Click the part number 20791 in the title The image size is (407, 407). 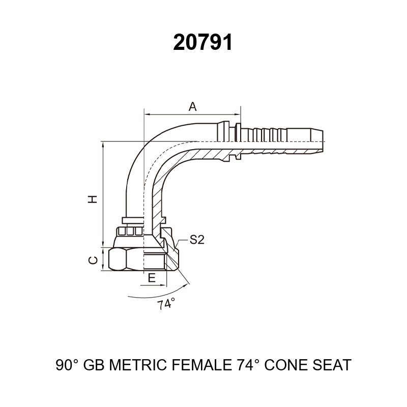[x=202, y=43]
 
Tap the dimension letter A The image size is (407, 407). [x=192, y=106]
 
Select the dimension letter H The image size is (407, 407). [x=93, y=199]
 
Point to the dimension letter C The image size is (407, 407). [x=93, y=260]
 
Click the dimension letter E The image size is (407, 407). [x=152, y=278]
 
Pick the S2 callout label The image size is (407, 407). [x=197, y=240]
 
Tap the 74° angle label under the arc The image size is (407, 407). [x=166, y=304]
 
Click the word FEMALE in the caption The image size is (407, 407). [x=202, y=365]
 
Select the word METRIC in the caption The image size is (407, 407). [x=138, y=365]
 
